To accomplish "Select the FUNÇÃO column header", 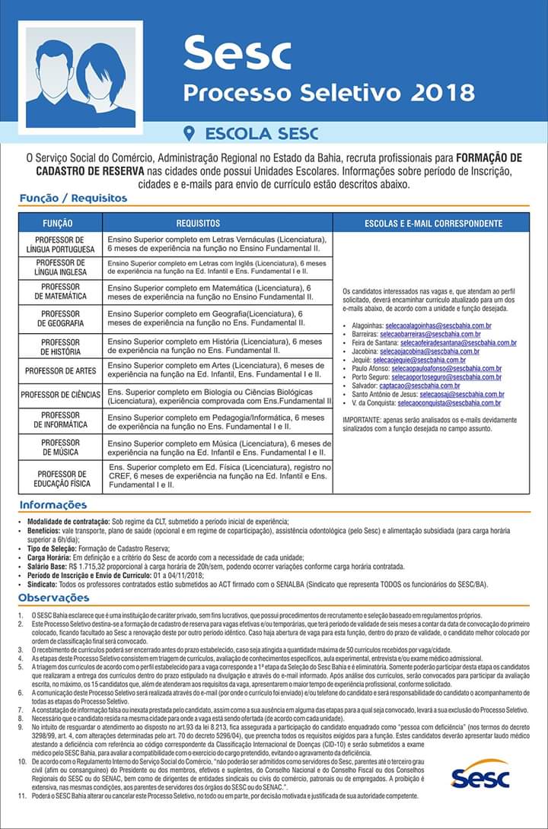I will (58, 224).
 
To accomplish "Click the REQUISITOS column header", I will (198, 224).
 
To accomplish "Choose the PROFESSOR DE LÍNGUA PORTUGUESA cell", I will (59, 244).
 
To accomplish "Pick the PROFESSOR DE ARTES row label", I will (60, 371).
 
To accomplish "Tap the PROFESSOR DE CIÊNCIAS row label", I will (61, 395).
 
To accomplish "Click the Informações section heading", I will (53, 504).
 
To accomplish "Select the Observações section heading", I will (54, 598).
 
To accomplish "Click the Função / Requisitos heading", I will (73, 199).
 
